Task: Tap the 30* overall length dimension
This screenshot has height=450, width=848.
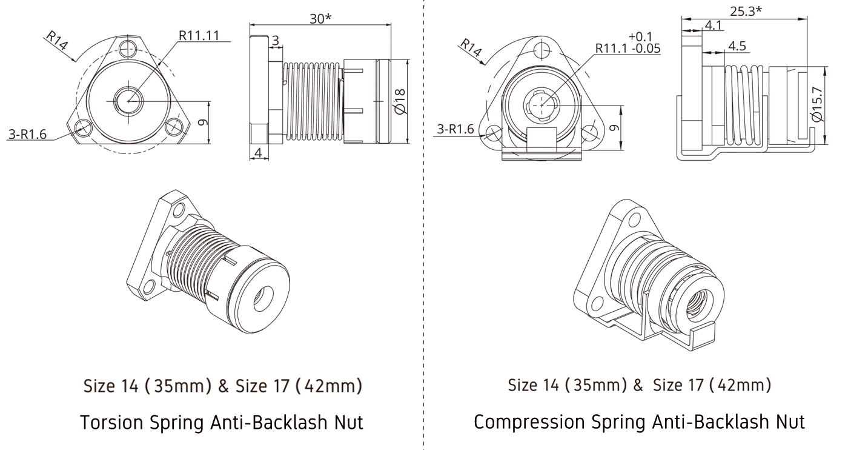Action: pos(321,18)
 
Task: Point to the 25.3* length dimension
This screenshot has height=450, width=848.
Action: pos(746,10)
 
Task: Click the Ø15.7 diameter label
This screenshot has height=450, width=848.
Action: pos(818,104)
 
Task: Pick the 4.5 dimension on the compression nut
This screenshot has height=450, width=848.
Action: pos(737,46)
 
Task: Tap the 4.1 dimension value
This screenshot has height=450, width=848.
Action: pos(712,25)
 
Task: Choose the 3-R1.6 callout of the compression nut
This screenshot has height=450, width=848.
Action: pos(454,129)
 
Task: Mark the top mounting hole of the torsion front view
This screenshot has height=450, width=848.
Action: pos(128,48)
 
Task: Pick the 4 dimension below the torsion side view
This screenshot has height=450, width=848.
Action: pos(259,153)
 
